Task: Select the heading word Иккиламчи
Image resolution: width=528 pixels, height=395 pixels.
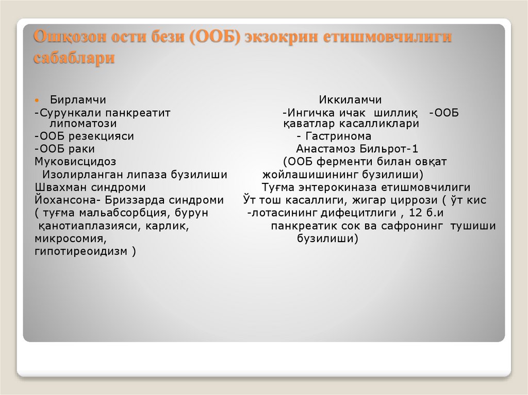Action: tap(350, 99)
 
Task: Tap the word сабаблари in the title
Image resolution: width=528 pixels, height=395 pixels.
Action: tap(74, 58)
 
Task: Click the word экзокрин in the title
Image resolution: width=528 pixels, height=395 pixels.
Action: tap(282, 38)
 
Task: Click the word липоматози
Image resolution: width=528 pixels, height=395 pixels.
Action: tap(83, 124)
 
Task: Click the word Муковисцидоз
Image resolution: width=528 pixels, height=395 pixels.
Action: tap(75, 162)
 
